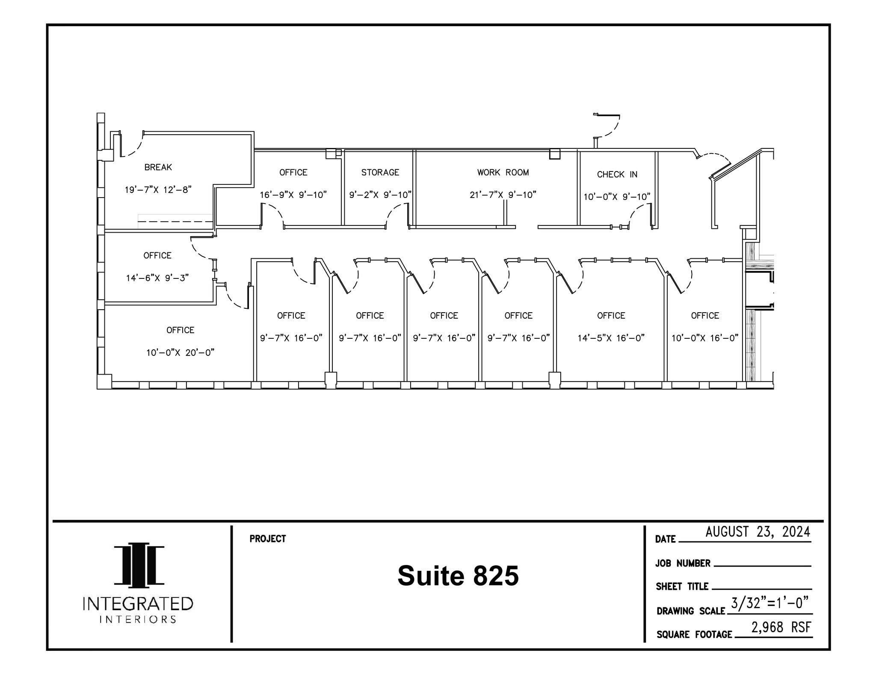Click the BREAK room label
point(158,167)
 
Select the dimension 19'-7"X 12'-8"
point(158,189)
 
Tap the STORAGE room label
point(380,172)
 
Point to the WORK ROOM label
point(503,172)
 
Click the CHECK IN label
point(617,174)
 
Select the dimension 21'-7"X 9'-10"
point(503,195)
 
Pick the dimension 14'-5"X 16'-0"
point(611,338)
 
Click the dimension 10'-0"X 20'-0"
point(180,352)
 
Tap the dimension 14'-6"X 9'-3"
point(157,278)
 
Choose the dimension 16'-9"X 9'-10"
point(293,195)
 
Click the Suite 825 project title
point(458,576)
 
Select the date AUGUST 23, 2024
point(758,532)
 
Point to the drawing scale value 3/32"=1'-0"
point(769,603)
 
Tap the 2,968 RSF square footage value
point(781,627)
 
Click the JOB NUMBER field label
point(683,563)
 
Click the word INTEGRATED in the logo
point(138,604)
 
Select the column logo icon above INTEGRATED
point(139,565)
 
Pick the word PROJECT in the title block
point(268,539)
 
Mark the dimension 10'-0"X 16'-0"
point(704,338)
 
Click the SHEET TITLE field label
point(682,586)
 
